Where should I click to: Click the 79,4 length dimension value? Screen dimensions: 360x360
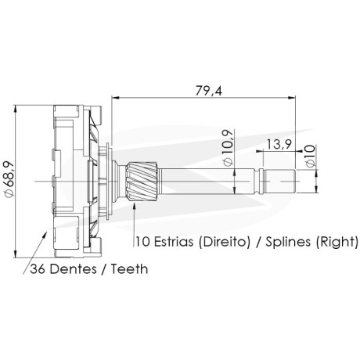pos(209,91)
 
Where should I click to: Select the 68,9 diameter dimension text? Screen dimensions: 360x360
pos(9,178)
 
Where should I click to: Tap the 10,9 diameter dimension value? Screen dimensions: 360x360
pos(228,147)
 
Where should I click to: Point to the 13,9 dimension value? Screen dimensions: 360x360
pos(279,144)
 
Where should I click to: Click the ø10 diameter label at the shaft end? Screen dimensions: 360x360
pos(310,156)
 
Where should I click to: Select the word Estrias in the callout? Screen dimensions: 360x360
pos(174,242)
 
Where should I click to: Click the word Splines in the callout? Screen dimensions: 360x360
pos(288,243)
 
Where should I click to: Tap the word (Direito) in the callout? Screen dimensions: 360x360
pos(224,242)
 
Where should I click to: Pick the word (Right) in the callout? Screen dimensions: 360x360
pos(337,242)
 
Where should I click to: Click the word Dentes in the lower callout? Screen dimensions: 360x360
pos(74,269)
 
